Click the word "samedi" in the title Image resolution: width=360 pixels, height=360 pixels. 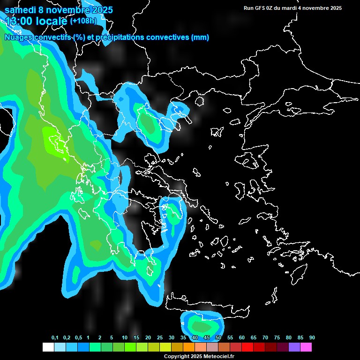[x=22, y=9]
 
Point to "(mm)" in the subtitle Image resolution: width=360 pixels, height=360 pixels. [x=200, y=37]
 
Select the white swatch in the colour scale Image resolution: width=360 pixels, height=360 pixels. [x=48, y=347]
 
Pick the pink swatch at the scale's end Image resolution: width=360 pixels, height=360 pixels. [x=306, y=347]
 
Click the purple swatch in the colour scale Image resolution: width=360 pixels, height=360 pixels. [x=294, y=347]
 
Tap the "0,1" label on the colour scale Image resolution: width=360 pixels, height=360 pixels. [x=55, y=338]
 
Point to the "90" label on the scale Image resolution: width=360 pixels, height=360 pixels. [x=312, y=338]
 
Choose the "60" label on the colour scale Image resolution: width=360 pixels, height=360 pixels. [x=241, y=338]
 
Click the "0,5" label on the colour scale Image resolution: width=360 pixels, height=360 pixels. [x=78, y=338]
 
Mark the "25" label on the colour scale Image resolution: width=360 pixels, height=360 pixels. [x=159, y=338]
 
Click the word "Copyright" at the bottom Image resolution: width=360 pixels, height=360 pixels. [x=176, y=357]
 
